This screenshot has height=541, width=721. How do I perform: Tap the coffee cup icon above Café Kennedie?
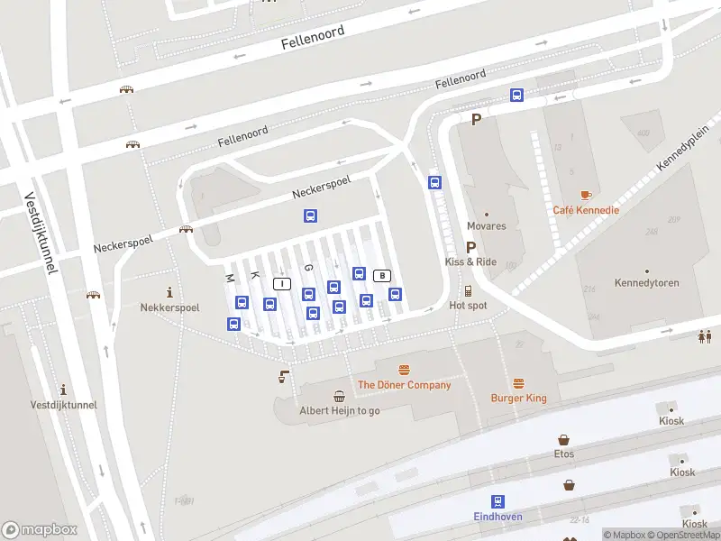pos(586,195)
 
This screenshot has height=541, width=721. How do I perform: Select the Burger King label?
pos(518,398)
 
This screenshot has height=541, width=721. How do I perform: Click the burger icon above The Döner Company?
pos(404,370)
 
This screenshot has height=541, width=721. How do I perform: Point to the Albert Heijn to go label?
pos(340,410)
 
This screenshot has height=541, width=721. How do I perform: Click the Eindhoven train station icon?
pos(497,501)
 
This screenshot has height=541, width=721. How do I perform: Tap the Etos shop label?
pos(564,454)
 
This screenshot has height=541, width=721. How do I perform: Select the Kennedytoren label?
pos(646,283)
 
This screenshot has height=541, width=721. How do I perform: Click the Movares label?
pos(486,226)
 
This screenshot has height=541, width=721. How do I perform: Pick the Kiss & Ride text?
pos(470,261)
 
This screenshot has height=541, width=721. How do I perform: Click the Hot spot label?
pos(468,306)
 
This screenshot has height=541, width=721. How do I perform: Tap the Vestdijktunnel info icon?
pos(63,390)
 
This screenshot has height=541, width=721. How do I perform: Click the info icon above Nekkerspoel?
pos(169,291)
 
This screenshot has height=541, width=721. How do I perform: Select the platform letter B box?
pos(382,275)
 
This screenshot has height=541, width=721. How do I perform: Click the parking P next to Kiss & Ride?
pos(470,246)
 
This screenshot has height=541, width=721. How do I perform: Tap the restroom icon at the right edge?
pos(705,336)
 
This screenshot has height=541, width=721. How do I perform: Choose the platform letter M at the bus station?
pos(230,277)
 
